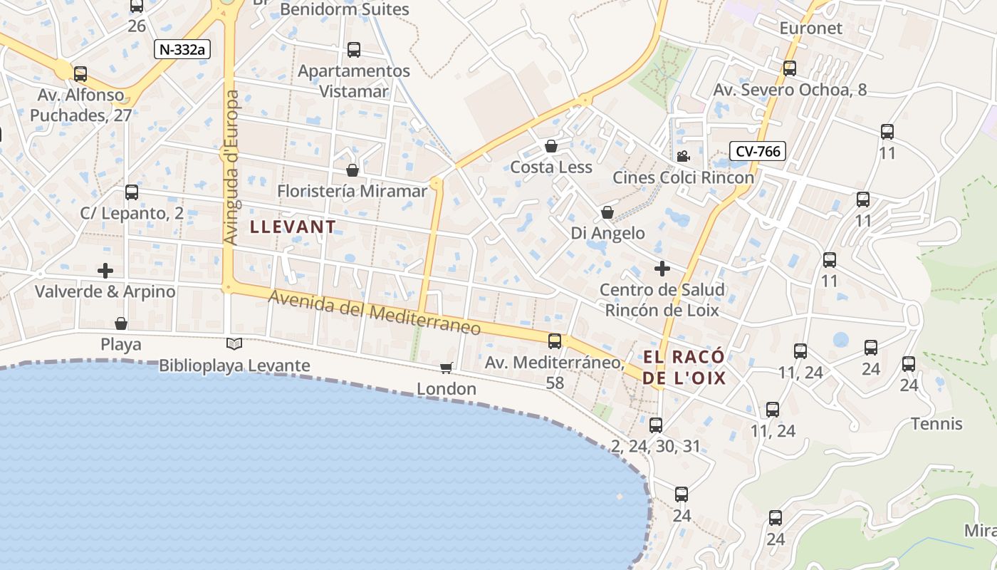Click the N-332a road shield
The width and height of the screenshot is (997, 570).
pos(182,49)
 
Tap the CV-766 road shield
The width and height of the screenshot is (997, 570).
pos(757,151)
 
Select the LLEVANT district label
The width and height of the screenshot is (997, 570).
pos(293,227)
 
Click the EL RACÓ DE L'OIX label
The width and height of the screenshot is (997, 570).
pos(684,368)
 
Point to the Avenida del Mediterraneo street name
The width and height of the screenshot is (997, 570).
pos(375,314)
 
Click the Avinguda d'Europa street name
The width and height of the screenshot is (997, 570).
pos(233,167)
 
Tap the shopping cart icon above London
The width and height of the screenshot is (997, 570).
pos(447,368)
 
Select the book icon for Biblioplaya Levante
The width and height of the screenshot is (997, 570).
pos(234,344)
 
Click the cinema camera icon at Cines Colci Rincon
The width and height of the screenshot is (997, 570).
pos(683,156)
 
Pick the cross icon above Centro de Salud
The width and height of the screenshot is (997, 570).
pos(662,269)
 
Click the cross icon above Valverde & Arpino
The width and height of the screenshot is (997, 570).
pos(105,271)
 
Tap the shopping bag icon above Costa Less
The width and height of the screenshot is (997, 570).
pos(551,146)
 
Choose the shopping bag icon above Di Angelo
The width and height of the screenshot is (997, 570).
pos(607,212)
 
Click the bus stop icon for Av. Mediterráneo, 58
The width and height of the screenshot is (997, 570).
pos(555,341)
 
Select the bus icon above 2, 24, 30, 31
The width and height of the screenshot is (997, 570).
pos(656,425)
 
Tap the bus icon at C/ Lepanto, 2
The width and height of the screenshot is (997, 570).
pos(132,192)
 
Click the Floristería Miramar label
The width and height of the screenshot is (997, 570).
pos(352,191)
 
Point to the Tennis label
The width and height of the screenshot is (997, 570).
pos(936,424)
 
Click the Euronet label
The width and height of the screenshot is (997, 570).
pos(810,28)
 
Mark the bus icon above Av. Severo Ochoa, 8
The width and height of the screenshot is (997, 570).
pos(790,68)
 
